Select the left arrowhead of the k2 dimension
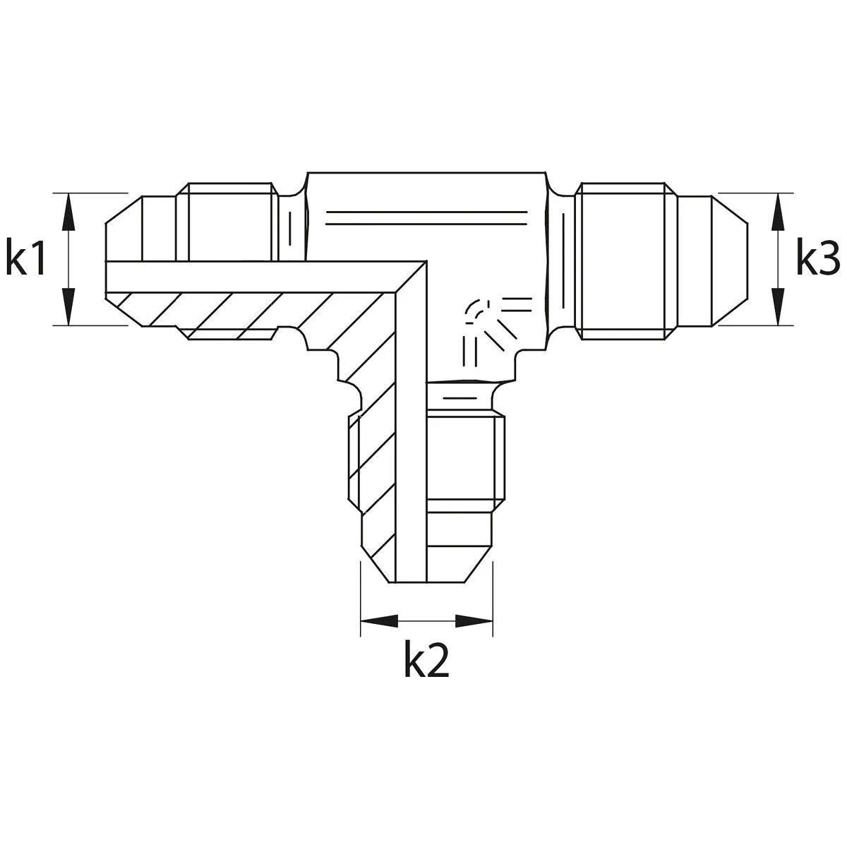coord(379,621)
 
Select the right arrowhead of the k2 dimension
coord(474,621)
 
